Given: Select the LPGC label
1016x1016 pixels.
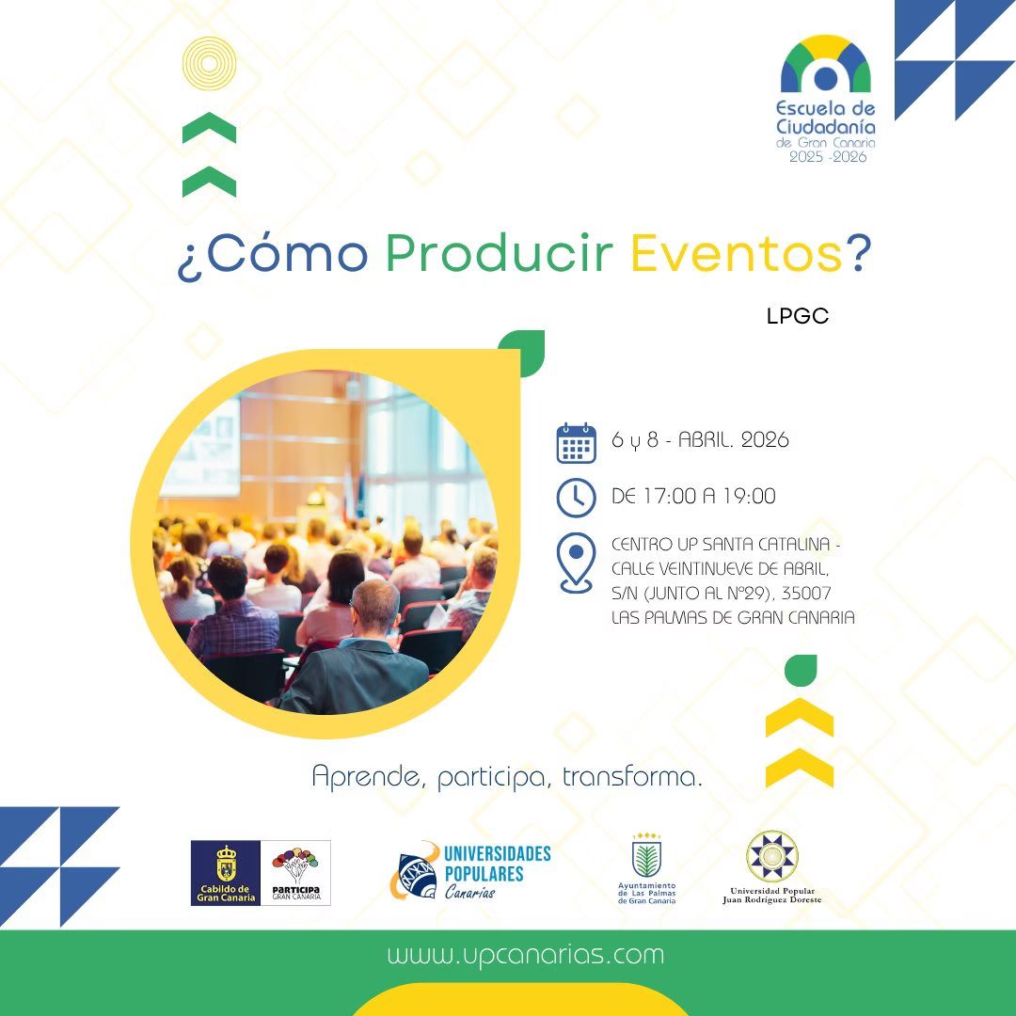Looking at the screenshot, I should (x=797, y=317).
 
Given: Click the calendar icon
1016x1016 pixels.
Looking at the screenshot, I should (x=576, y=443).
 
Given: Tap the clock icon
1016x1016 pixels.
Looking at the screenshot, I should (x=576, y=498).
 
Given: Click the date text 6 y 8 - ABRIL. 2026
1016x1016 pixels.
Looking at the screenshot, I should (x=699, y=440).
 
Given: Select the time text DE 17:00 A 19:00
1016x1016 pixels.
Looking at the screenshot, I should (x=693, y=496).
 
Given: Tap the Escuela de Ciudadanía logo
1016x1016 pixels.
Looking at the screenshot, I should (x=826, y=99).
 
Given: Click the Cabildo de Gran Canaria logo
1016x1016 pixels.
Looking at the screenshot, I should (x=226, y=872).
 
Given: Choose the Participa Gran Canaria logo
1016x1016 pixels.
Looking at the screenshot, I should (x=295, y=872).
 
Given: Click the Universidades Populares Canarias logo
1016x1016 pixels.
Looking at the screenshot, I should (x=471, y=870).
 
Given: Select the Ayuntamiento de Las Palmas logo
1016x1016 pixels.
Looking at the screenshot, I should (x=646, y=868).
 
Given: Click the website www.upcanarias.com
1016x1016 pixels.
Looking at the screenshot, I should (x=525, y=955).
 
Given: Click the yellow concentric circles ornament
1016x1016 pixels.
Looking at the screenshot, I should (x=208, y=63).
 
